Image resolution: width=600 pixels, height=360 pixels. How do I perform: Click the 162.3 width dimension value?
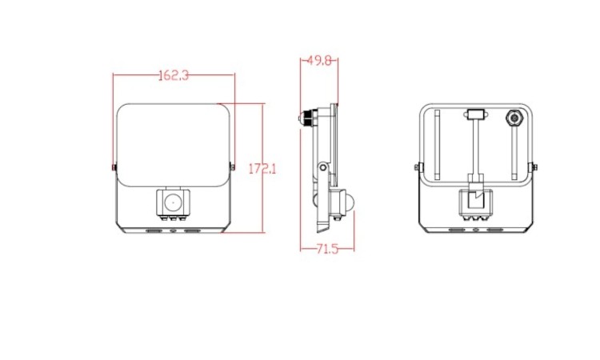pos(174,75)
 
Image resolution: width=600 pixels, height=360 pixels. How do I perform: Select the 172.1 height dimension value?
pos(262,169)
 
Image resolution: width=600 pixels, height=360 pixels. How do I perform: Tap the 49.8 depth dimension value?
pos(319,61)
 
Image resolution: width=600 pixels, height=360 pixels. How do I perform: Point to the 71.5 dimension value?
pos(327,249)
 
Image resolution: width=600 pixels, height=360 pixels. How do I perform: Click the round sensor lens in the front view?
pos(173,202)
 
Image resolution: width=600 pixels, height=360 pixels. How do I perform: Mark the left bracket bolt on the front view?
pos(114,167)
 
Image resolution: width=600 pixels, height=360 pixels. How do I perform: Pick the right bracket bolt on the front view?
pos(232,166)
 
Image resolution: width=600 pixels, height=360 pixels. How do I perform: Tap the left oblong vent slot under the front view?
pos(154,231)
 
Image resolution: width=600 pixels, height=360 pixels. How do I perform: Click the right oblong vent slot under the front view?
pos(192,231)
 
